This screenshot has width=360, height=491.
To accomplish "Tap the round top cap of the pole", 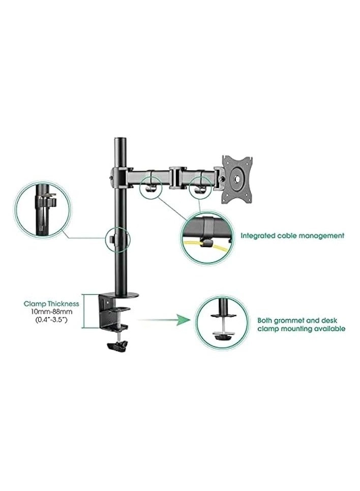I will (121, 140).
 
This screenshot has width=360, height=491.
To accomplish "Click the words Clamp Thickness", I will (51, 303).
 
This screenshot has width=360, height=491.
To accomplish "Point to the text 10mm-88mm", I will (51, 312).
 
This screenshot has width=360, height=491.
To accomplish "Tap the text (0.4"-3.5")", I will (51, 321).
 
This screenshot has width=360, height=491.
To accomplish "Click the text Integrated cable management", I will (292, 236).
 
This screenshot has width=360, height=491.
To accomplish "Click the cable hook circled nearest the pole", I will (150, 184).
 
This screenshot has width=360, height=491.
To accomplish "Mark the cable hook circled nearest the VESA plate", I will (199, 185).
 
